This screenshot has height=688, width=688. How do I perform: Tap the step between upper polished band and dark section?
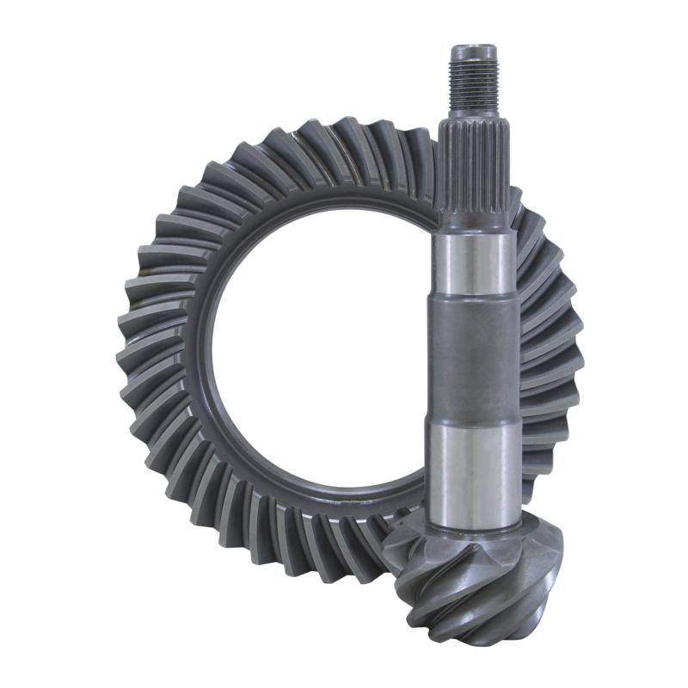click(473, 294)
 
